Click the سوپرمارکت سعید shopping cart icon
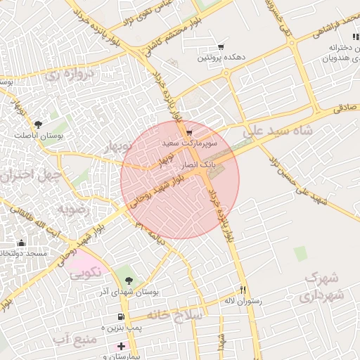coord(189,132)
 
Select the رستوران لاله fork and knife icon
coord(243,289)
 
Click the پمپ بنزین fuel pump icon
coord(122,316)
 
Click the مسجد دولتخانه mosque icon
coord(21,243)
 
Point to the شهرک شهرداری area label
coord(324,287)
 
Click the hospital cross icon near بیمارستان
coord(121,346)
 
